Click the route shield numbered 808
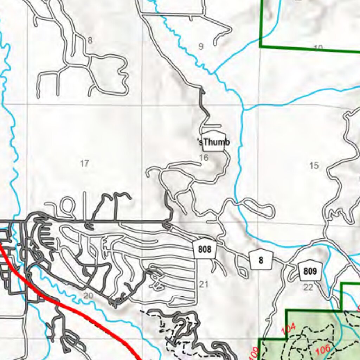click(x=205, y=250)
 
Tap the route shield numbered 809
click(x=310, y=271)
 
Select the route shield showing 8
click(x=261, y=261)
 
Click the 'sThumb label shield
click(x=213, y=142)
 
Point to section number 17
click(x=84, y=163)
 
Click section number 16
click(x=204, y=158)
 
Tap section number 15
click(x=314, y=165)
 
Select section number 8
click(x=90, y=40)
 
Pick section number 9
click(x=201, y=46)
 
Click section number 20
click(x=88, y=296)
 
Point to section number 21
click(x=204, y=284)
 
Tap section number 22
click(x=308, y=288)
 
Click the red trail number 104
click(x=288, y=329)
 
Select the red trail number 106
click(x=323, y=349)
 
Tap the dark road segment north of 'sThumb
click(x=204, y=105)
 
